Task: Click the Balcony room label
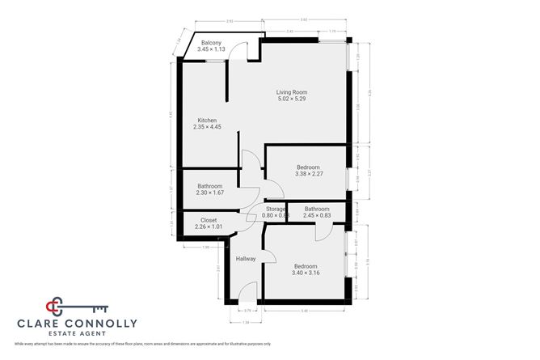[x=211, y=43]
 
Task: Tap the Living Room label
[x=292, y=92]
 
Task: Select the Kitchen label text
[x=207, y=121]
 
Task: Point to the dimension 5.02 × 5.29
[x=292, y=99]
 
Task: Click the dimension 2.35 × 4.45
[x=207, y=127]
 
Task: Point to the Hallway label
[x=246, y=259]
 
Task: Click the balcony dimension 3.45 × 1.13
[x=211, y=49]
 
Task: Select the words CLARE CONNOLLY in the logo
[x=78, y=324]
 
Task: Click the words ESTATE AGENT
[x=78, y=334]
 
